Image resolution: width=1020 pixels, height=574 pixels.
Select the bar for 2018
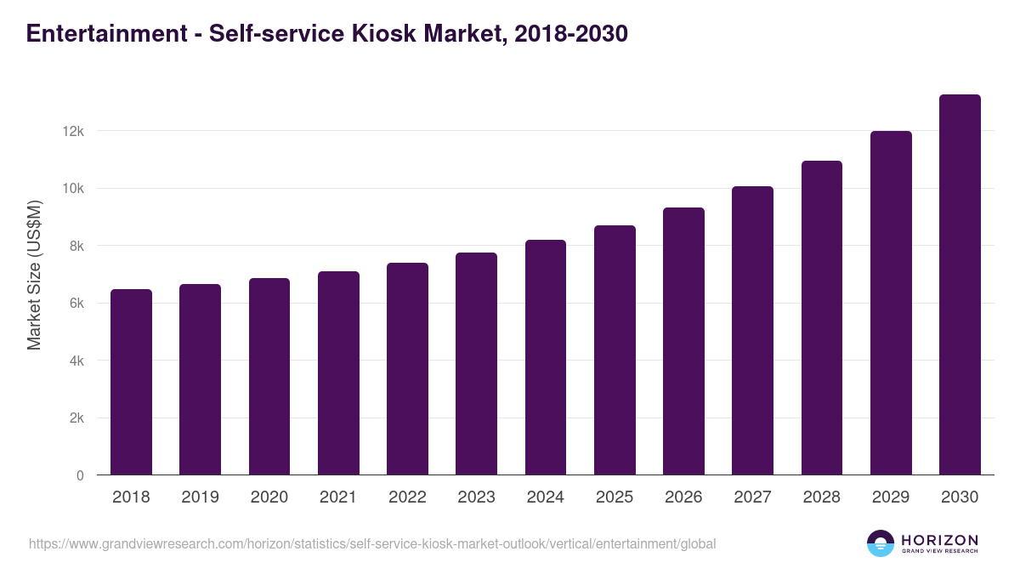(x=131, y=382)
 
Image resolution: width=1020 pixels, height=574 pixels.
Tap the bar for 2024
(x=546, y=357)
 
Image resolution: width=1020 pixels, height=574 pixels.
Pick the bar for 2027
(x=752, y=331)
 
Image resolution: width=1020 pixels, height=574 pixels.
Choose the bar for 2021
(x=338, y=373)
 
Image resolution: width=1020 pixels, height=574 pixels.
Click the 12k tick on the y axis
(x=74, y=131)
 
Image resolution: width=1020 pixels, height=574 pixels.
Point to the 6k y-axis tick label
(x=76, y=304)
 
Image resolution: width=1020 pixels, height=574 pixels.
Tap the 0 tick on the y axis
(x=80, y=475)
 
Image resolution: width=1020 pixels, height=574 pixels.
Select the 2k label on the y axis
(x=76, y=418)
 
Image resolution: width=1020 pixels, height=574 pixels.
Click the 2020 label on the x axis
(x=269, y=497)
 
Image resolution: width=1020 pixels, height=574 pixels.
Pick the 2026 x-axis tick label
(x=683, y=497)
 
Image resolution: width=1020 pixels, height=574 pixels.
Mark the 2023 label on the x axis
(x=476, y=497)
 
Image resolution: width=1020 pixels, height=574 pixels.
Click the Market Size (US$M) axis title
(x=34, y=276)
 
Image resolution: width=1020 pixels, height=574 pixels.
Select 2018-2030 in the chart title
(x=571, y=33)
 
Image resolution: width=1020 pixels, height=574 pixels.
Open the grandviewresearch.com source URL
(x=372, y=543)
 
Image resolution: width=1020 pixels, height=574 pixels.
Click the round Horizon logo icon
(x=881, y=543)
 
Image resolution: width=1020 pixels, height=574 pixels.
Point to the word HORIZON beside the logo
(x=939, y=540)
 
